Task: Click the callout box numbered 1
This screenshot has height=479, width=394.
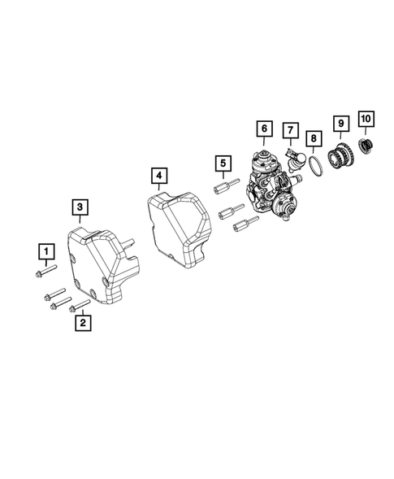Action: (47, 250)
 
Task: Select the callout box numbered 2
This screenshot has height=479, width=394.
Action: (81, 324)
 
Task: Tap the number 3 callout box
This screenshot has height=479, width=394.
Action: (79, 208)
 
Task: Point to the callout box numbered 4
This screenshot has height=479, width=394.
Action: (159, 175)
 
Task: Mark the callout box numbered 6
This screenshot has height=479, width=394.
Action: (263, 128)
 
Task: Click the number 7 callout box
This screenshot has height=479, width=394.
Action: (288, 129)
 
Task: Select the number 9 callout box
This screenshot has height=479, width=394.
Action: (340, 124)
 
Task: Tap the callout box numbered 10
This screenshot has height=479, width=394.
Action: (365, 120)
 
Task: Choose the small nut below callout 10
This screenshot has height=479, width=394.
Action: (366, 146)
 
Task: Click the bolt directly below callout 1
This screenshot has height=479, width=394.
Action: (47, 270)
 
